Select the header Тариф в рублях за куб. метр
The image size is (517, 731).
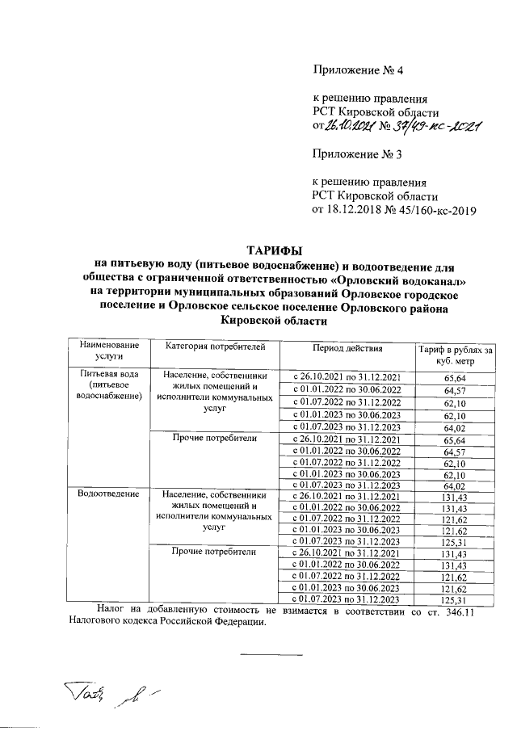click(x=455, y=355)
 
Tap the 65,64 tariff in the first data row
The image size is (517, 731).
click(x=456, y=378)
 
